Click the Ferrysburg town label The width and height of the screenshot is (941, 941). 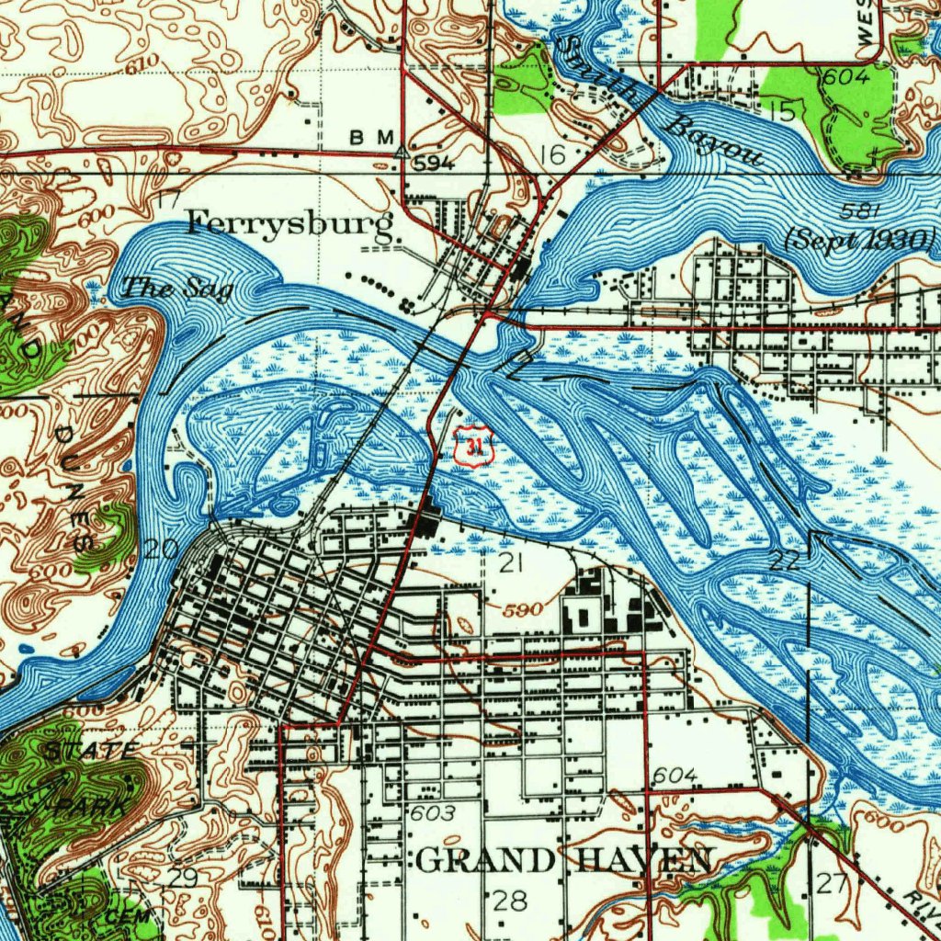[x=290, y=223]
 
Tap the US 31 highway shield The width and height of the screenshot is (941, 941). [x=474, y=448]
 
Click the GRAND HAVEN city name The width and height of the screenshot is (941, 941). [x=563, y=861]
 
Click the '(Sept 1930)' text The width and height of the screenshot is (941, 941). [x=859, y=240]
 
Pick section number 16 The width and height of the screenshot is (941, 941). [x=553, y=155]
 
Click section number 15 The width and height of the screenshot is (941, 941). [x=782, y=112]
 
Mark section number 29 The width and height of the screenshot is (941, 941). [x=182, y=878]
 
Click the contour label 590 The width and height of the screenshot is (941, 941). [x=524, y=609]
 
